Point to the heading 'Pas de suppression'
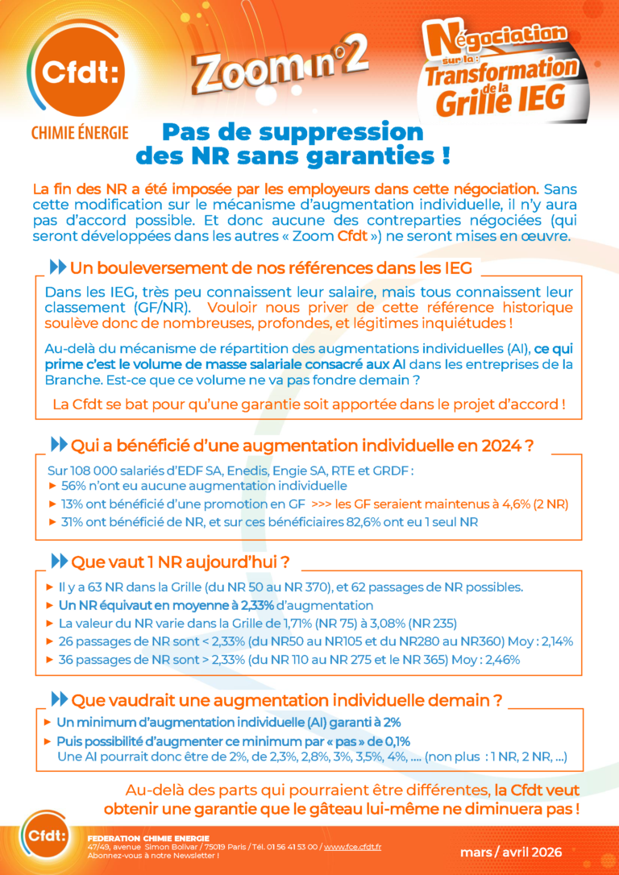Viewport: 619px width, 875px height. tap(293, 131)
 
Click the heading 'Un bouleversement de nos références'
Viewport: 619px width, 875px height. tap(271, 267)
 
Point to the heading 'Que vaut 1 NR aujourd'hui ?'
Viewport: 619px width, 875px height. tap(181, 561)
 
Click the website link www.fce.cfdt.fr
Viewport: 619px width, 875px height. tap(352, 846)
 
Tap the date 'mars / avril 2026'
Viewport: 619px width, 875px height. tap(511, 852)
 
